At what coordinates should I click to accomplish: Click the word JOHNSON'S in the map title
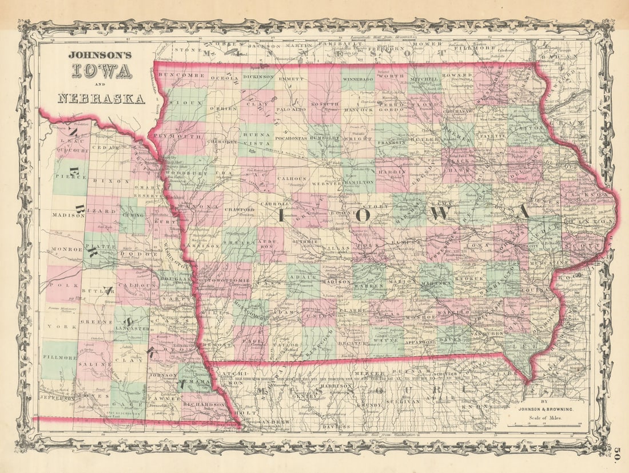[99, 56]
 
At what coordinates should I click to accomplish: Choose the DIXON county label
[116, 181]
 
